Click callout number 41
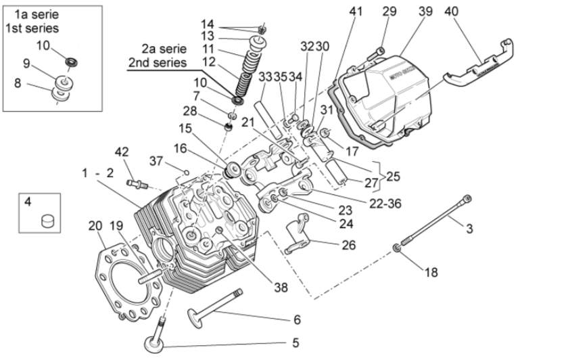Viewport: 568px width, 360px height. (356, 11)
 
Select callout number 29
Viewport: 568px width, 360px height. (389, 11)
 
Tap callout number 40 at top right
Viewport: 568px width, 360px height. (451, 11)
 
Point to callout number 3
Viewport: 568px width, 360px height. (469, 229)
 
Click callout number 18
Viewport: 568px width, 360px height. (431, 272)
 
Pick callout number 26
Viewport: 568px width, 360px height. (349, 245)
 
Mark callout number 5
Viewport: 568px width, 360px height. (295, 342)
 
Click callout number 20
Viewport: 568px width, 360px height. (95, 226)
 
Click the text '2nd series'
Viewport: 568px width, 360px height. (157, 63)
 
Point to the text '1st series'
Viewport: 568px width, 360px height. (32, 28)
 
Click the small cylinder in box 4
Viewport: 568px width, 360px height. (47, 220)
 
